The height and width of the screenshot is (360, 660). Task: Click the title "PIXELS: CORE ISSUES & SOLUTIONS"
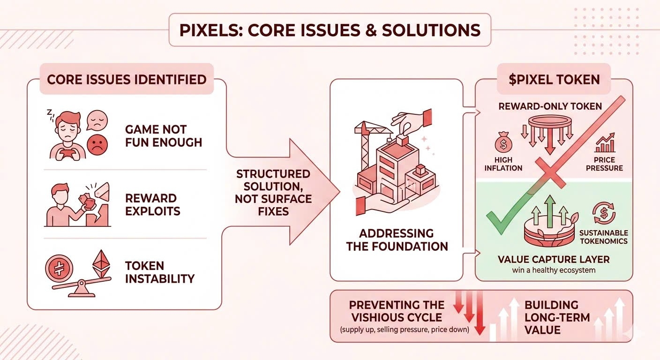[x=330, y=30]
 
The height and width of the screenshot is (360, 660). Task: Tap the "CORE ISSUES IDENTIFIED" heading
[x=127, y=79]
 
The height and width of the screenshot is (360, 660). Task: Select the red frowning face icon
[x=97, y=144]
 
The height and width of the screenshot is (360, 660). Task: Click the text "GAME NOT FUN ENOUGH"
[x=163, y=136]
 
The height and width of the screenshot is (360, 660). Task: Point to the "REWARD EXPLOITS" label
[x=153, y=204]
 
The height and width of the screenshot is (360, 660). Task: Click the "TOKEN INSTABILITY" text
[x=159, y=272]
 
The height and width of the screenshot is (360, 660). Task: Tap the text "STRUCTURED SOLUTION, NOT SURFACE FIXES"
[x=273, y=192]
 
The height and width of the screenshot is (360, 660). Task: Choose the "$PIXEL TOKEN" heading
[x=554, y=79]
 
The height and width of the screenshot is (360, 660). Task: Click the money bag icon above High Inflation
[x=503, y=142]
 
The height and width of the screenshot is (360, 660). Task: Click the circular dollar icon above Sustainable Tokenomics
[x=604, y=213]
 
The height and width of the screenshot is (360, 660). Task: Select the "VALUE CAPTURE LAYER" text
[x=554, y=259]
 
